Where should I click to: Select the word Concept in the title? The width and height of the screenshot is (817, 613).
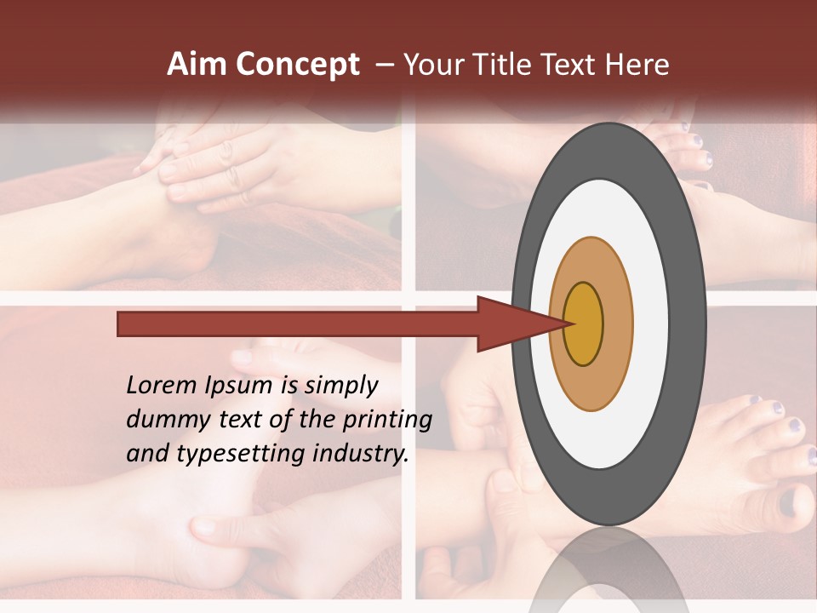point(298,65)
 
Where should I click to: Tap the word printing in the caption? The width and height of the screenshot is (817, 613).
point(389,421)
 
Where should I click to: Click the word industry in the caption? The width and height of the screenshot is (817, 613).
point(360,453)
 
